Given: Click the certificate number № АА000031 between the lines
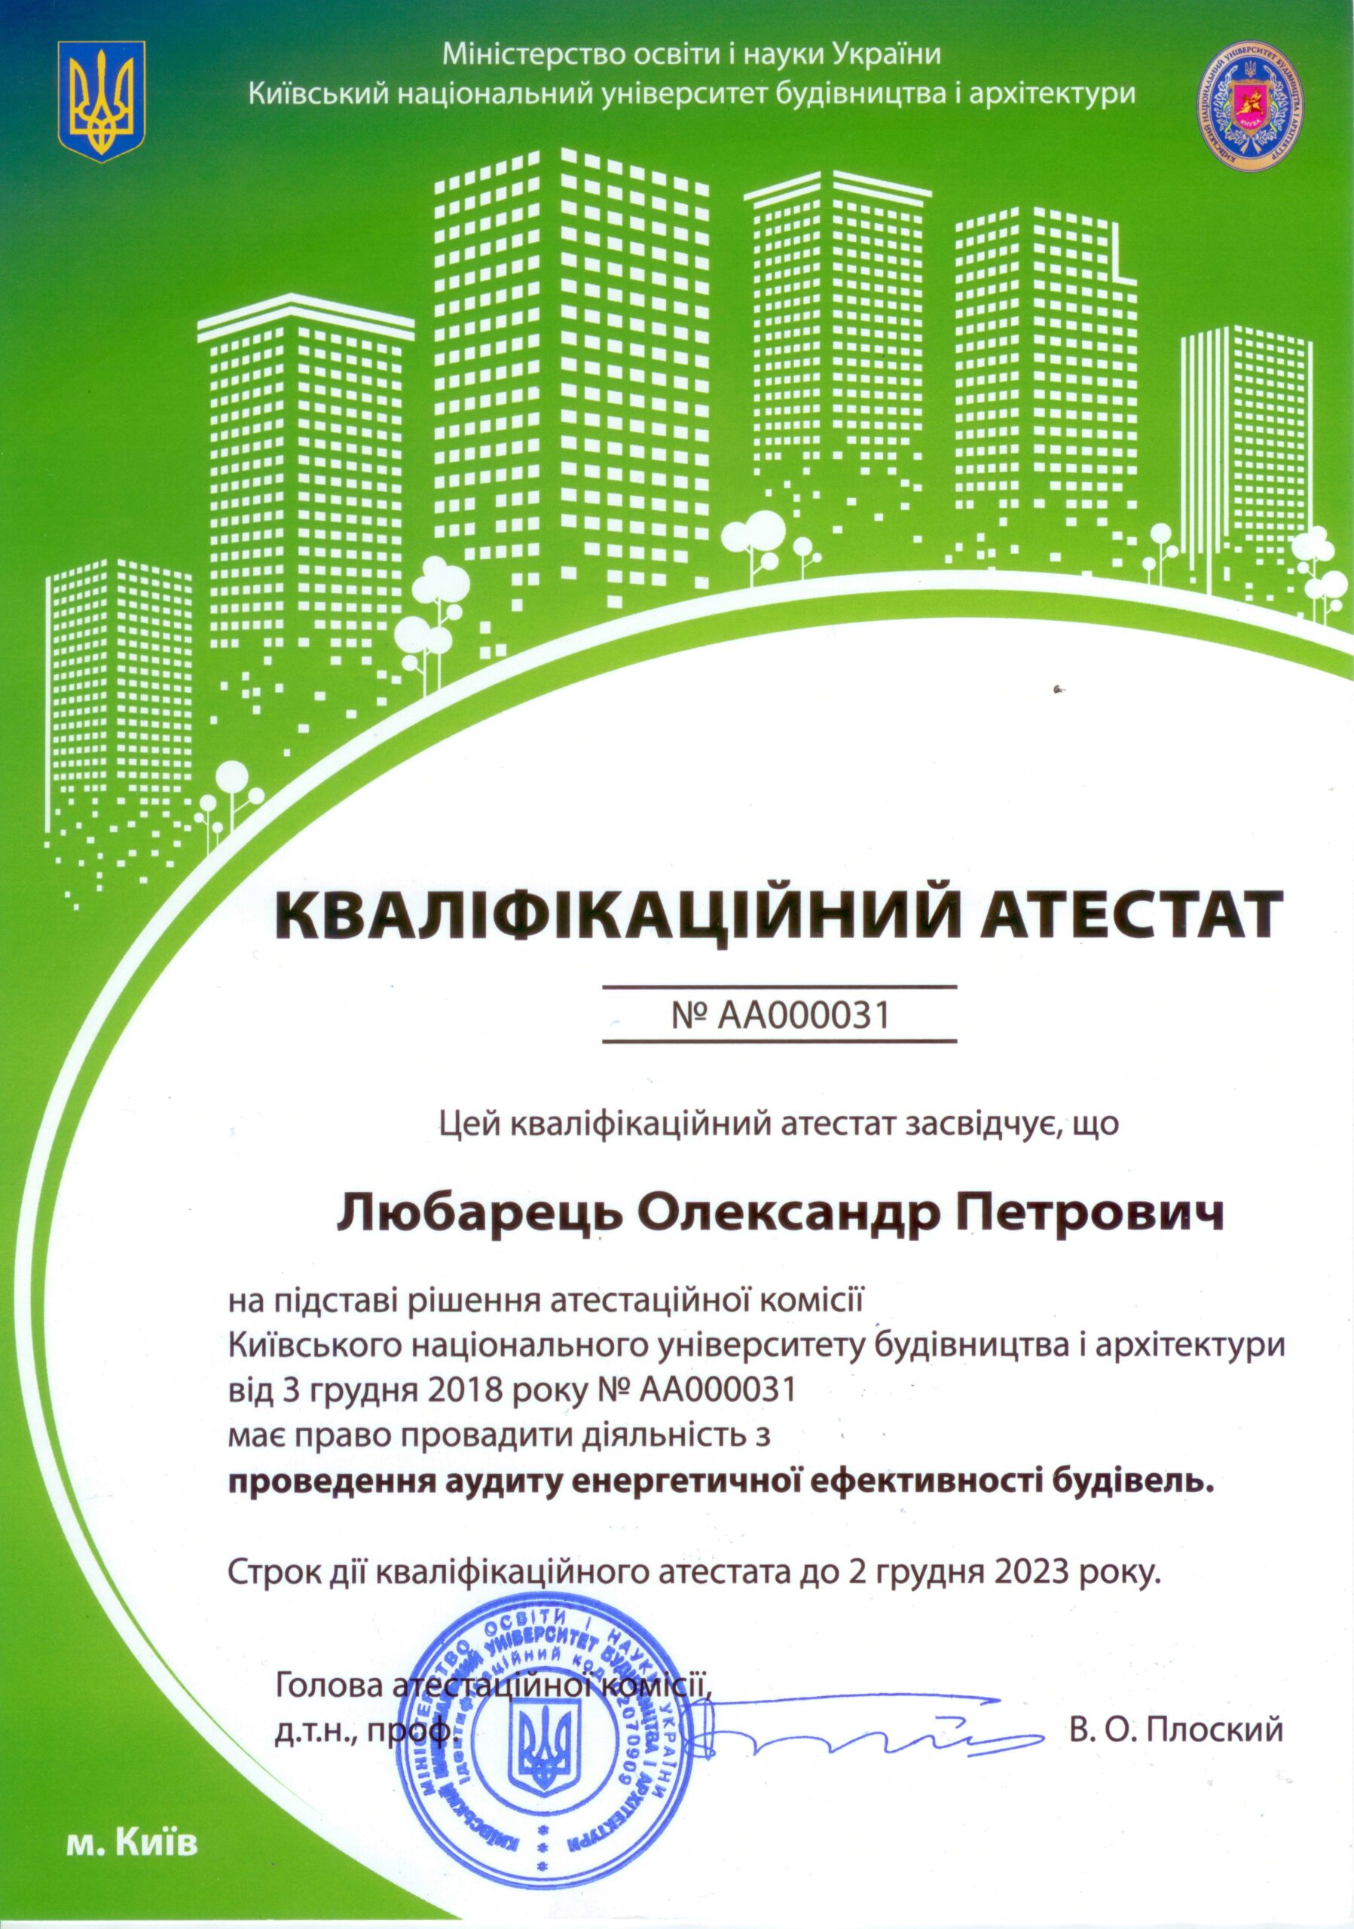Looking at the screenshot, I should pos(781,1015).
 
